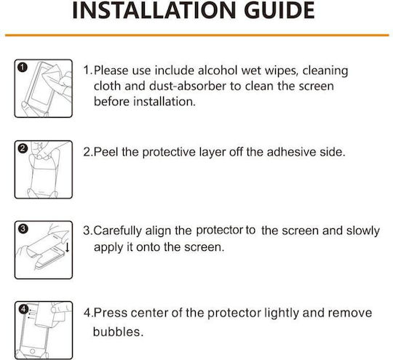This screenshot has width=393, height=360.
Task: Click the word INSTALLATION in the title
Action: tap(154, 10)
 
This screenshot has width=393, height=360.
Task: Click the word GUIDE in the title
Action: tap(279, 10)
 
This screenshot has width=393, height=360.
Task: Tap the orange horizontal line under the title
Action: tap(196, 35)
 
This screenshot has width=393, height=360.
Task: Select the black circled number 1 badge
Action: tap(23, 68)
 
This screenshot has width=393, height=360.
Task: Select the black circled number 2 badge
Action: tap(23, 148)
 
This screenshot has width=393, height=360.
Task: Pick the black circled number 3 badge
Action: tap(23, 228)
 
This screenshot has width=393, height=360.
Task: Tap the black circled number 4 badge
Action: tap(23, 310)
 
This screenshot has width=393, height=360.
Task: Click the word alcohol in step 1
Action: tap(218, 71)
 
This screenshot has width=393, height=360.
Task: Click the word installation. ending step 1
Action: tap(164, 102)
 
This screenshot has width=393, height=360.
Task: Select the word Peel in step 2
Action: tap(106, 152)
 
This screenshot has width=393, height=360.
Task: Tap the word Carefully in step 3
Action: tap(118, 231)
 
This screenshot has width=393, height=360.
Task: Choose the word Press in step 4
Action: tap(111, 313)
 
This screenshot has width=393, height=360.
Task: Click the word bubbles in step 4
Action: tap(118, 332)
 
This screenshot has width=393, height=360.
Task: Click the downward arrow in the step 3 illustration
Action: tap(67, 247)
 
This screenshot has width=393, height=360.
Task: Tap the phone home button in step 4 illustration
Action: tap(32, 351)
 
